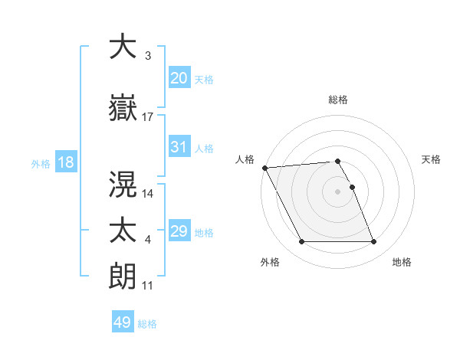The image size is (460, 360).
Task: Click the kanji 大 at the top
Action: click(x=123, y=47)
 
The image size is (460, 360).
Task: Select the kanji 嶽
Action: click(x=123, y=110)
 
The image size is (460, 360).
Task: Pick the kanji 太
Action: click(x=123, y=231)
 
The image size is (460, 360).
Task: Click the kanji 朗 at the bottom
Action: click(x=123, y=276)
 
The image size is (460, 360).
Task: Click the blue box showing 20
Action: click(x=179, y=78)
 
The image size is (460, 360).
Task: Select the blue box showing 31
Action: click(x=179, y=147)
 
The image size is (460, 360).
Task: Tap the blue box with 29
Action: click(x=179, y=231)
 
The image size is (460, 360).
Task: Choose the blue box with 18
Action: click(x=65, y=162)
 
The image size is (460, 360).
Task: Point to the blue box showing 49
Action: click(x=123, y=322)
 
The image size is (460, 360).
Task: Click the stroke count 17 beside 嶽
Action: click(x=148, y=117)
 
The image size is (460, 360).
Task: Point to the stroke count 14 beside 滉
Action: click(x=148, y=194)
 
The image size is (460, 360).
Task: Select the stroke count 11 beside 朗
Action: click(x=148, y=285)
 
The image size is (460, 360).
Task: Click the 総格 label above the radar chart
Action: click(x=338, y=100)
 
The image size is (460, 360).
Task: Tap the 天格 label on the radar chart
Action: click(x=432, y=159)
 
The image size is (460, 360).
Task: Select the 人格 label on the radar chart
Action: click(x=245, y=159)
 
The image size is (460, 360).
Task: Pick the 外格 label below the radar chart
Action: click(x=269, y=263)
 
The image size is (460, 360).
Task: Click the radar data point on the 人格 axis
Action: click(x=265, y=168)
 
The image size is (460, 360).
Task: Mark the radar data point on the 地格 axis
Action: click(x=373, y=242)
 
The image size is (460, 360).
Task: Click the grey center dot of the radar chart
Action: click(x=338, y=191)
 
